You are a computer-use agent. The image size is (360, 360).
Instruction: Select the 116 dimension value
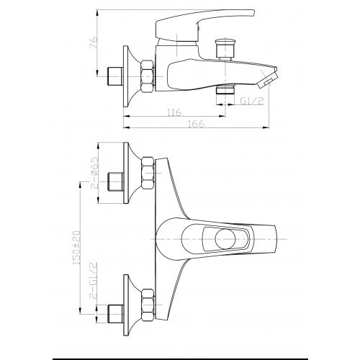point(172,114)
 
